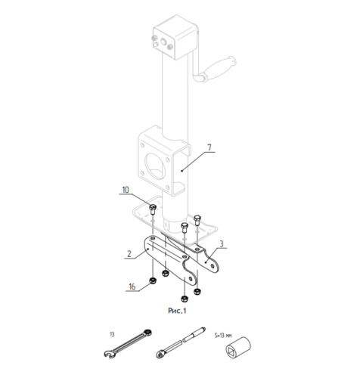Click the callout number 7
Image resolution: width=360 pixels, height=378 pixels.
[x=209, y=147]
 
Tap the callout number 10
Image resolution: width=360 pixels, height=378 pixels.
[x=126, y=190]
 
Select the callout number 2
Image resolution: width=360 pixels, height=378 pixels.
[x=129, y=253]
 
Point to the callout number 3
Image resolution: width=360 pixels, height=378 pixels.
[x=222, y=243]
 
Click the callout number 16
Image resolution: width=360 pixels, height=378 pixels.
[x=132, y=287]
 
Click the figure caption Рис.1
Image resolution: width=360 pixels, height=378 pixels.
[x=177, y=311]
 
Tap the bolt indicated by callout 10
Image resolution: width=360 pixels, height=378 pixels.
[x=153, y=209]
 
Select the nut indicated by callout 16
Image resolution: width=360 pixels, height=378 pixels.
[x=153, y=280]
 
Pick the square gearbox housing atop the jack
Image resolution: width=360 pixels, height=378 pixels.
[x=175, y=36]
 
